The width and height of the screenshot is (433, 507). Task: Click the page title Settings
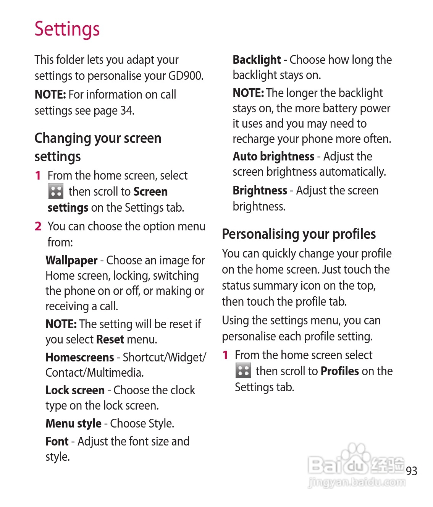[x=67, y=29]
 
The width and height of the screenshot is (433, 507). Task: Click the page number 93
[x=411, y=471]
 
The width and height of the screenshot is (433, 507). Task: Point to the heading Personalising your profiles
[x=299, y=234]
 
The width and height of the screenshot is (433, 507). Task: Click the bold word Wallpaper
[x=71, y=260]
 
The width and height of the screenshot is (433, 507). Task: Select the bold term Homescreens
[x=79, y=357]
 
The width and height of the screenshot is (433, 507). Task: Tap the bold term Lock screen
[x=75, y=390]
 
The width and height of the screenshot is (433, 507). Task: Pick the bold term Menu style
[x=73, y=423]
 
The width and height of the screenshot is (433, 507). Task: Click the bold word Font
[x=57, y=441]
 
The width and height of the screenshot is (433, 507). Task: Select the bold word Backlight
[x=257, y=60]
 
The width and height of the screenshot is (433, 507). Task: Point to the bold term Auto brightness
[x=273, y=156]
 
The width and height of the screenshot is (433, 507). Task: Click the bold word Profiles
[x=339, y=371]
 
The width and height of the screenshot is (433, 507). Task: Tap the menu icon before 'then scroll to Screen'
[x=56, y=191]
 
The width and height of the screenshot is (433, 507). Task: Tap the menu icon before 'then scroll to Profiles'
[x=243, y=371]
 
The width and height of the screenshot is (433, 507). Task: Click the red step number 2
[x=38, y=226]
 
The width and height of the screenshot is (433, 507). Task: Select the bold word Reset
[x=110, y=339]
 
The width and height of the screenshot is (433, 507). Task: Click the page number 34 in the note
[x=126, y=111]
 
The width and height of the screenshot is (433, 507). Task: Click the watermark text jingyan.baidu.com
[x=357, y=482]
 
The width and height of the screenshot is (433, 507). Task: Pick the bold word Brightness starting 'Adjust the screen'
[x=260, y=190]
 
